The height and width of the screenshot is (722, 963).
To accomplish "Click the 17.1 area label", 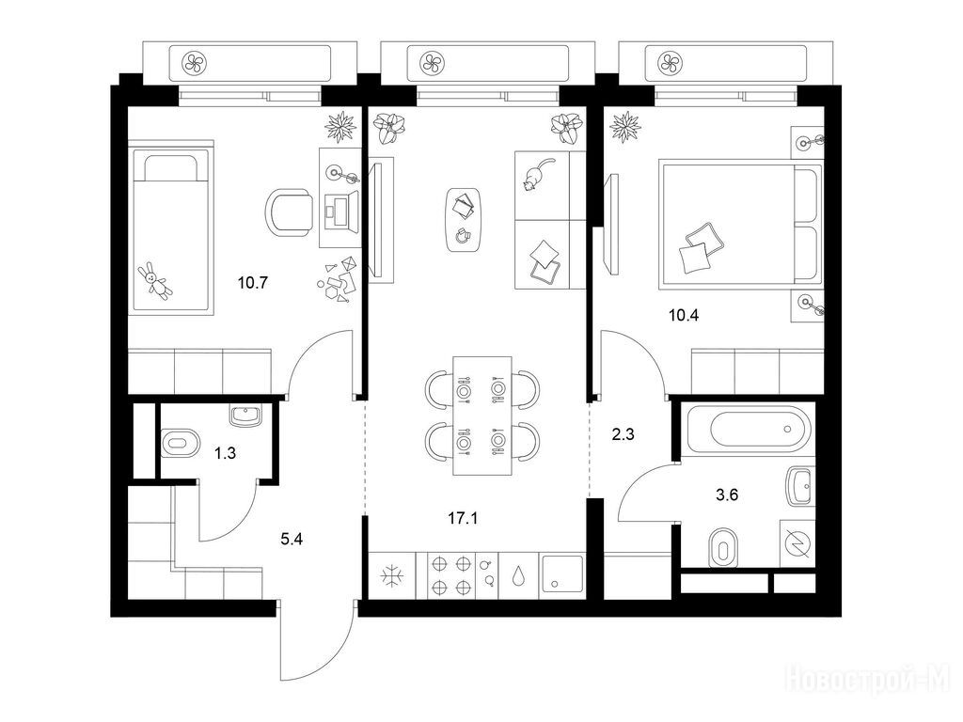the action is coord(463,519).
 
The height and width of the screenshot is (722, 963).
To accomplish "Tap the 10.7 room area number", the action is coord(253,284).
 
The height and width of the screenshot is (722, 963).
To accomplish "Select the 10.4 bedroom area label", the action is coord(684,316).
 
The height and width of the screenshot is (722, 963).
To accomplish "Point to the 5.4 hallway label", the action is coord(292,541).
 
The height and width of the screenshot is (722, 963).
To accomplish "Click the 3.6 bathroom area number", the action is coord(727,494).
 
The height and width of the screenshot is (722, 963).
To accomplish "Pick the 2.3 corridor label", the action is coord(623,435).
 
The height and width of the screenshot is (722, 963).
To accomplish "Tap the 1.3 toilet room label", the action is coord(225,454).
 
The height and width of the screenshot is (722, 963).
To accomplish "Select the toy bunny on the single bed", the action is coord(155,281).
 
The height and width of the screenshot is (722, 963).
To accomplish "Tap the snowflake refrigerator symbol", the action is coord(391,576).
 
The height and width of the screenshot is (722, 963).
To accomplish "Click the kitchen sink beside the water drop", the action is coord(562,576).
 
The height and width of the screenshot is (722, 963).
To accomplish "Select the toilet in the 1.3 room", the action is coord(181,443).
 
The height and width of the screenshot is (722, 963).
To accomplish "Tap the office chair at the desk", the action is coord(288,212).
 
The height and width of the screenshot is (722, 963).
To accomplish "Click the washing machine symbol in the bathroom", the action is coord(797,544).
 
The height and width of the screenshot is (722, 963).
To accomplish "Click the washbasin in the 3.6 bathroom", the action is coord(801,487).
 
